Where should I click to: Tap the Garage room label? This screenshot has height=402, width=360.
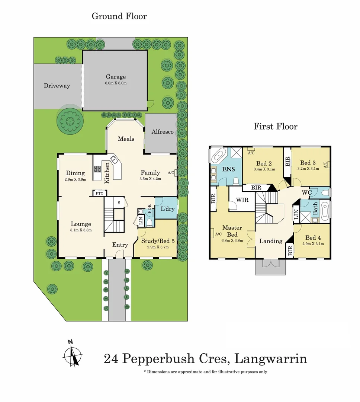click(x=115, y=77)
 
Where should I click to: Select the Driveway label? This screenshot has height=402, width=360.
click(x=57, y=86)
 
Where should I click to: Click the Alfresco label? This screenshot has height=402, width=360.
click(x=163, y=132)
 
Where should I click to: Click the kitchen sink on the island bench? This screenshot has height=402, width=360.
click(x=113, y=160)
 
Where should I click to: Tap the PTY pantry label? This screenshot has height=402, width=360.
click(x=99, y=193)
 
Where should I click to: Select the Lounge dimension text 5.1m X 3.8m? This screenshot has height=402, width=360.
click(x=81, y=230)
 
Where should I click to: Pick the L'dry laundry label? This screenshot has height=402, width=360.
click(x=167, y=209)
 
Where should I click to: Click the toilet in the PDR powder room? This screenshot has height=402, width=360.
click(x=149, y=222)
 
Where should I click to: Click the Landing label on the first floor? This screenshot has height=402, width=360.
click(x=270, y=241)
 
